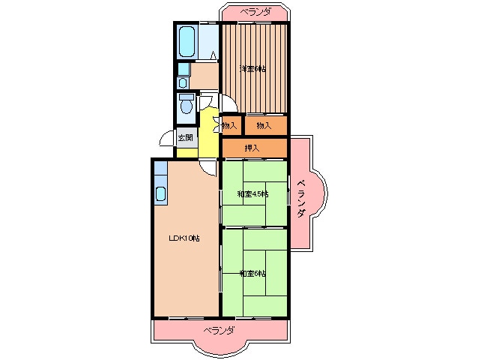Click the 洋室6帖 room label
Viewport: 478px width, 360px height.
(252, 69)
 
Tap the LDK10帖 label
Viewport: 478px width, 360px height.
(184, 238)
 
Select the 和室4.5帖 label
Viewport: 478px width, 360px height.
(253, 193)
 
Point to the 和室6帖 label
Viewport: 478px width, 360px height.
(252, 274)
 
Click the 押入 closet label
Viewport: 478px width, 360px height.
(252, 148)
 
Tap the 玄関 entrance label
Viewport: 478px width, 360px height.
(185, 137)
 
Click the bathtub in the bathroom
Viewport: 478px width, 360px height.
(187, 42)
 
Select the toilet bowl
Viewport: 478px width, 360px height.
(187, 103)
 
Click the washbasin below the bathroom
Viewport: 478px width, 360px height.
(183, 82)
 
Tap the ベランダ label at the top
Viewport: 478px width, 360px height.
(255, 12)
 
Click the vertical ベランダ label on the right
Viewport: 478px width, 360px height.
(301, 199)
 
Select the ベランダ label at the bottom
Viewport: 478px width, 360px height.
(220, 330)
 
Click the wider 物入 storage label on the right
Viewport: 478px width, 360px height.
(264, 125)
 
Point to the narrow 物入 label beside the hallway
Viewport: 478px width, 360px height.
(229, 125)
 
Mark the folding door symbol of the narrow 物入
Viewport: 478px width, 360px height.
(218, 124)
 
